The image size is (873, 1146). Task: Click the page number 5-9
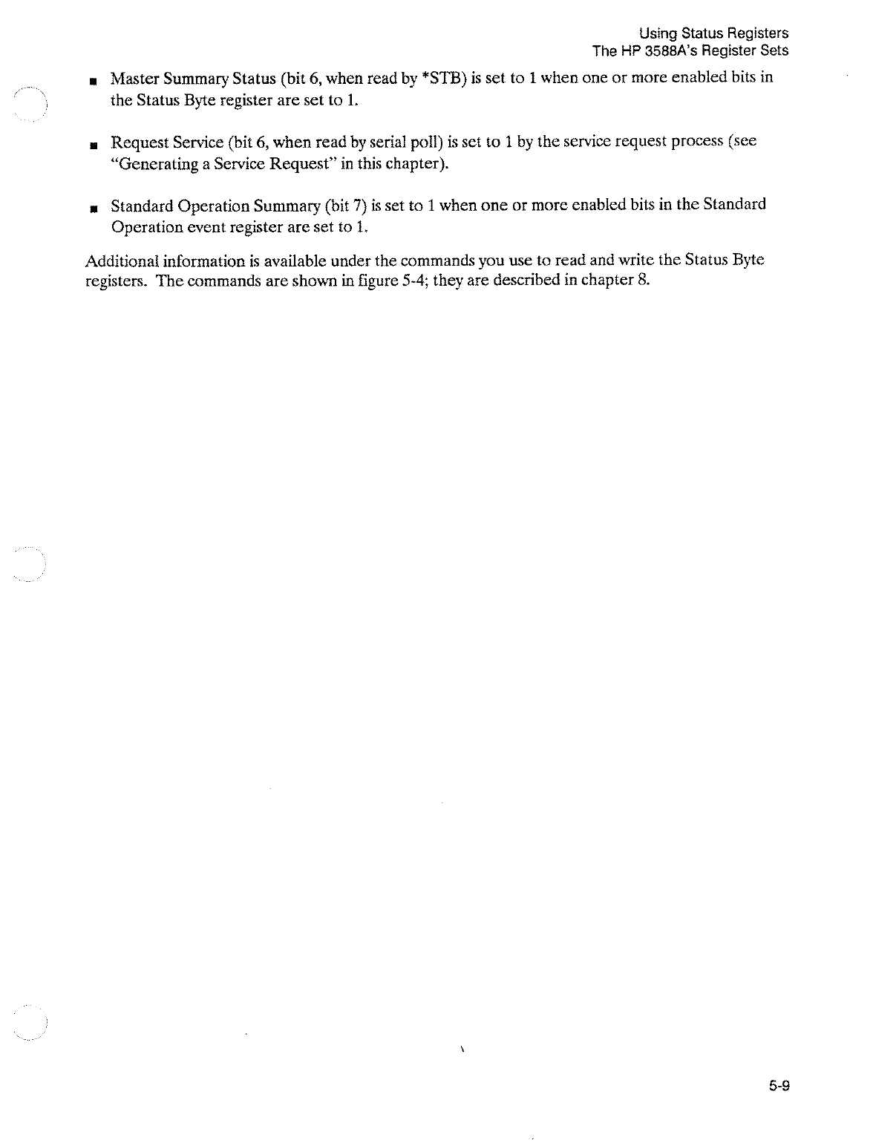click(x=779, y=1087)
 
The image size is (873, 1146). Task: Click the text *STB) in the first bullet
click(x=443, y=78)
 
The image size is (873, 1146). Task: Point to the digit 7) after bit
click(x=356, y=204)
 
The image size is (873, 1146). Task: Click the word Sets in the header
click(x=775, y=51)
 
